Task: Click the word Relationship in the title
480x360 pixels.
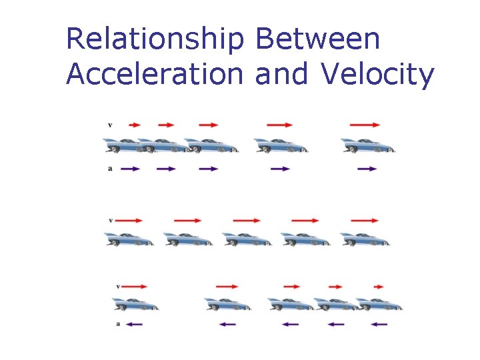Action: coord(155,40)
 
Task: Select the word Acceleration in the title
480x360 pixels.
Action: coord(155,75)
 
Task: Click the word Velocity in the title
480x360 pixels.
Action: coord(377,75)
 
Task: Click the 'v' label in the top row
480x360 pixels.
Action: coord(109,125)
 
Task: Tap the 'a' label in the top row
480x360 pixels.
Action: coord(109,169)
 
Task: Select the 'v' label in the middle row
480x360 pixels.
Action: coord(110,220)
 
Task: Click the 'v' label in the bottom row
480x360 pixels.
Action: coord(118,287)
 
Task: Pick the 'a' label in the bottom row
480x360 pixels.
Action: coord(118,325)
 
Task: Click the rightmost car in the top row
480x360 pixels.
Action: coord(368,146)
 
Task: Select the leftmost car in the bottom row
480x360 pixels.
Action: coord(136,304)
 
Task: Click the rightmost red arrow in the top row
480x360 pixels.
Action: coord(365,125)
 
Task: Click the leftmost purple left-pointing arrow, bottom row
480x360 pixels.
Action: coord(135,325)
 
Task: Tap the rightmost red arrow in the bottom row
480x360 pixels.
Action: coord(378,287)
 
